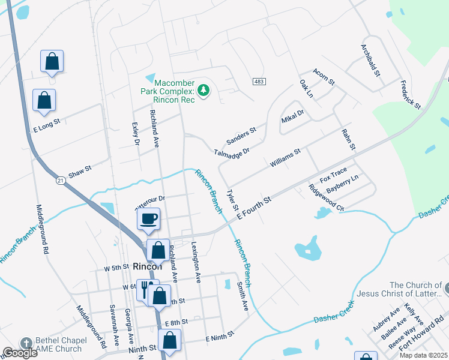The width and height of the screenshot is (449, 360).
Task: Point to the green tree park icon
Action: [204, 90]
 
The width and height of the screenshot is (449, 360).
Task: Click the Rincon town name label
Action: [148, 266]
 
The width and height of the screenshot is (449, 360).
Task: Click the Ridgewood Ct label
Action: [326, 197]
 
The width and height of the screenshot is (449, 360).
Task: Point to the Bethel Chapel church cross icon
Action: [26, 342]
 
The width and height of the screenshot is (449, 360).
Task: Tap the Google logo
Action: [20, 353]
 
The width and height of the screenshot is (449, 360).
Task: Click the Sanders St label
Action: [241, 136]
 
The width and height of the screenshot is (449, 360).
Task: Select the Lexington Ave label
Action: [195, 262]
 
